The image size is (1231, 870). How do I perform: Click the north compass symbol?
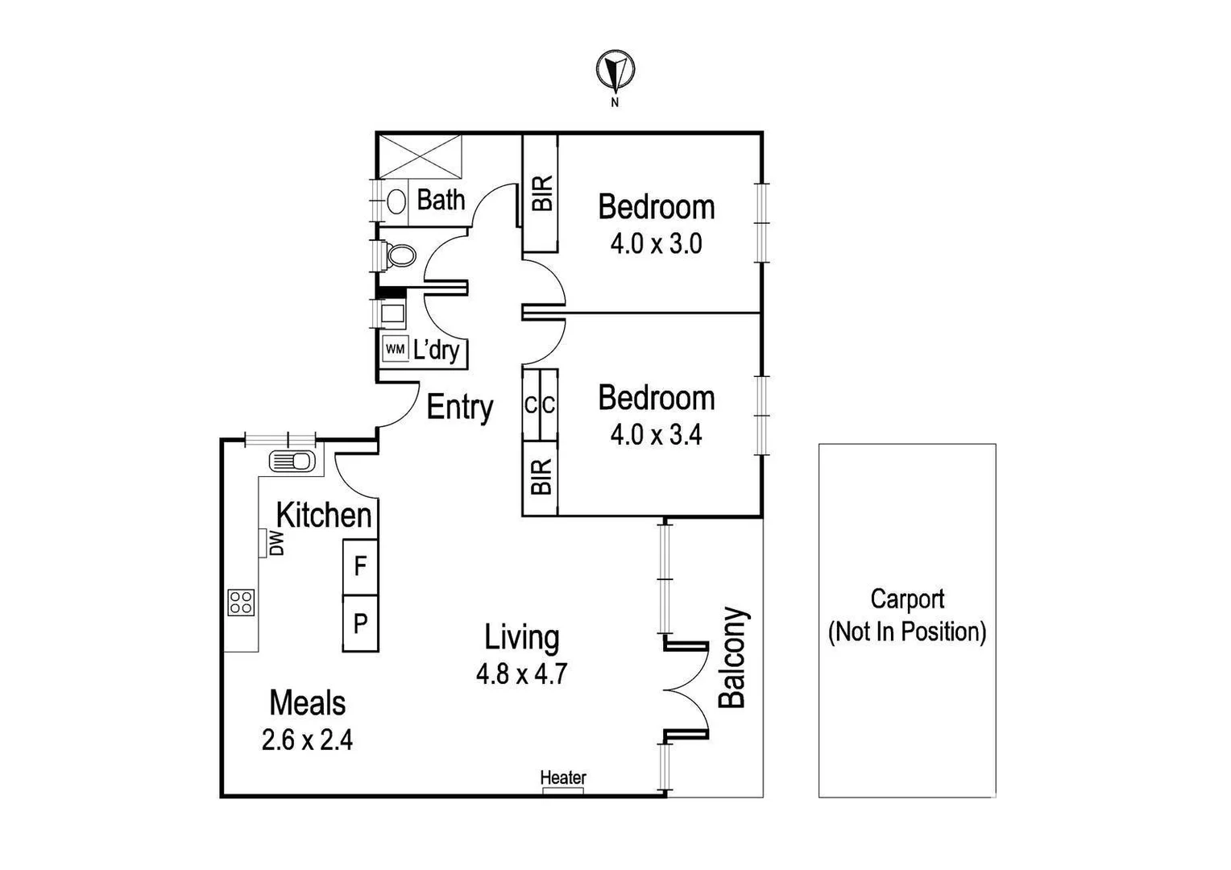tap(615, 71)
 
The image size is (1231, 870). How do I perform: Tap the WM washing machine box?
tap(395, 349)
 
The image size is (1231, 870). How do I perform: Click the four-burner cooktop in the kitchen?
tap(242, 602)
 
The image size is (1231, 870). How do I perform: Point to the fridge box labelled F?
tap(360, 566)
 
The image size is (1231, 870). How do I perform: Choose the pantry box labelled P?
tap(360, 623)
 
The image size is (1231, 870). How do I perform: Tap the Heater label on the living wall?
tap(563, 777)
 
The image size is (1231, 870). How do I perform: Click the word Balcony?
tap(732, 657)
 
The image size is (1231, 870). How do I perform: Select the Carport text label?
tap(907, 599)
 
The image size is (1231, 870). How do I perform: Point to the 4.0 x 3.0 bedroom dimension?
tap(656, 243)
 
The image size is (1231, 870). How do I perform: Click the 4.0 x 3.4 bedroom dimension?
tap(656, 435)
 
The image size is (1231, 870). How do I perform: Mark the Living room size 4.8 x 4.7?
tap(521, 673)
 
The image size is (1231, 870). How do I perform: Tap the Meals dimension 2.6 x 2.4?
tap(307, 739)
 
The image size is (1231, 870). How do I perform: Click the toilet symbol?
tap(400, 256)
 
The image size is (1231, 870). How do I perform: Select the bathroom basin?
tap(396, 200)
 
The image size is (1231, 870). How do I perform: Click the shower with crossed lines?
tap(421, 155)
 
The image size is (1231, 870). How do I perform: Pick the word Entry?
tap(459, 407)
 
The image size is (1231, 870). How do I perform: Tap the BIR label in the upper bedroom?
tap(542, 193)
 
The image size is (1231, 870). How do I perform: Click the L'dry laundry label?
tap(436, 350)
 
